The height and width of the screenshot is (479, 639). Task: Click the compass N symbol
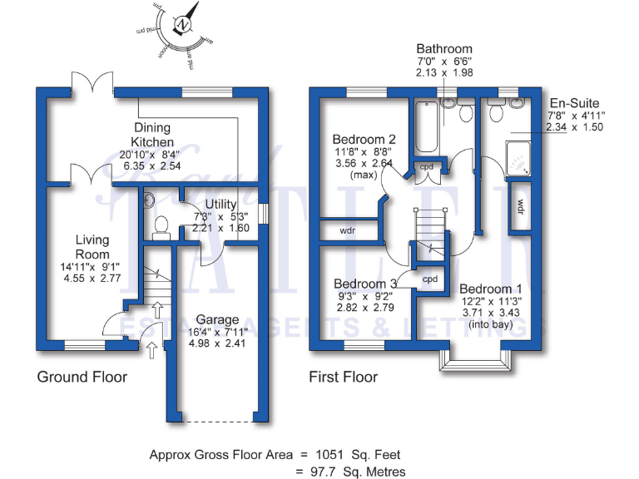pos(181,26)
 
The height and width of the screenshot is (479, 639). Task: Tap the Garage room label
pos(217,319)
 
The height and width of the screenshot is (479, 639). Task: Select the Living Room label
pos(92,247)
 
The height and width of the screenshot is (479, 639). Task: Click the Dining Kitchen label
pos(152,135)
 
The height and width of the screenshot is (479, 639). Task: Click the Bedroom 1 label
pos(490,289)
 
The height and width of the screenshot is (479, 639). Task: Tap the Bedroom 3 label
pos(364,283)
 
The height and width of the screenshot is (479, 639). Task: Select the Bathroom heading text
pos(444,49)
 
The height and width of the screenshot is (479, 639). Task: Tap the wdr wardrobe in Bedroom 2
pos(349,230)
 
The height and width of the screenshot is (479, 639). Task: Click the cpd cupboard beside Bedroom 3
pos(430,279)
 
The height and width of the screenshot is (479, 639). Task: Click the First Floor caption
pos(343,378)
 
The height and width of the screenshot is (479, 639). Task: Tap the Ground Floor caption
pos(82,378)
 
